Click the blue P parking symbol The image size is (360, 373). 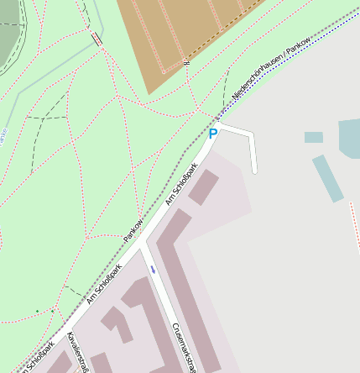pos(213,134)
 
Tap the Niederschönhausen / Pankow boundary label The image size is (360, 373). pos(271,72)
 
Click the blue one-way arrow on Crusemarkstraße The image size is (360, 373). pos(153,270)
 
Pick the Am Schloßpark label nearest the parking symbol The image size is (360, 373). pos(181,183)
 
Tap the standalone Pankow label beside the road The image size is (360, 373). pos(133,231)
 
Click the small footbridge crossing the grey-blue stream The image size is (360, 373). pos(97,39)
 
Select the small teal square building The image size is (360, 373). pos(314,137)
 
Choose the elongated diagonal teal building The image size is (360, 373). pos(327,177)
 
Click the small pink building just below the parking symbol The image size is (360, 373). pos(203,187)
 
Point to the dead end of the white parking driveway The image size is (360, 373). pos(254,171)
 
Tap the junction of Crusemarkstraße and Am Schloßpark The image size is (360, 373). pos(143,245)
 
